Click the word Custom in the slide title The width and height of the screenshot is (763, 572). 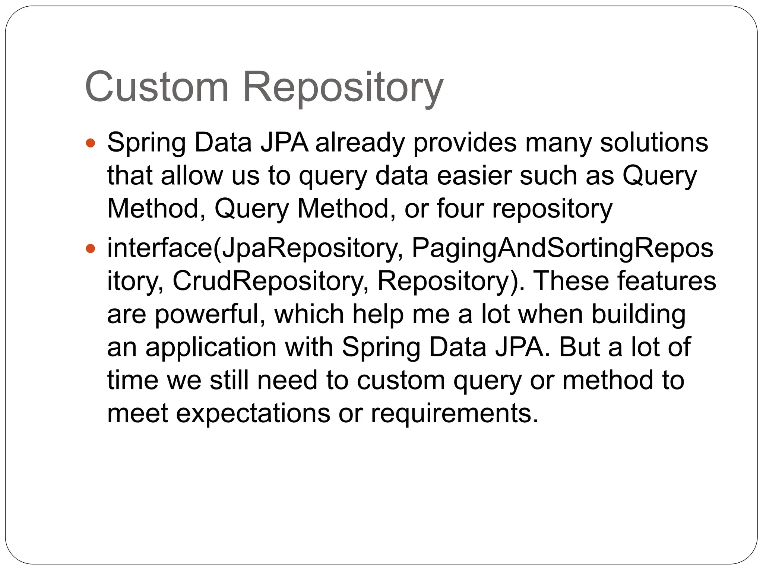pos(156,88)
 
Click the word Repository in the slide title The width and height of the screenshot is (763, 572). pos(343,89)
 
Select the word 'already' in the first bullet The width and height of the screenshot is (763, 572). pos(360,143)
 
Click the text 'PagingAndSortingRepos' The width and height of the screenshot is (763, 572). pos(563,249)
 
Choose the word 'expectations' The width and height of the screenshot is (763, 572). pos(253,413)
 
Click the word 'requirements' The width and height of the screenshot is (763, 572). pos(454,413)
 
